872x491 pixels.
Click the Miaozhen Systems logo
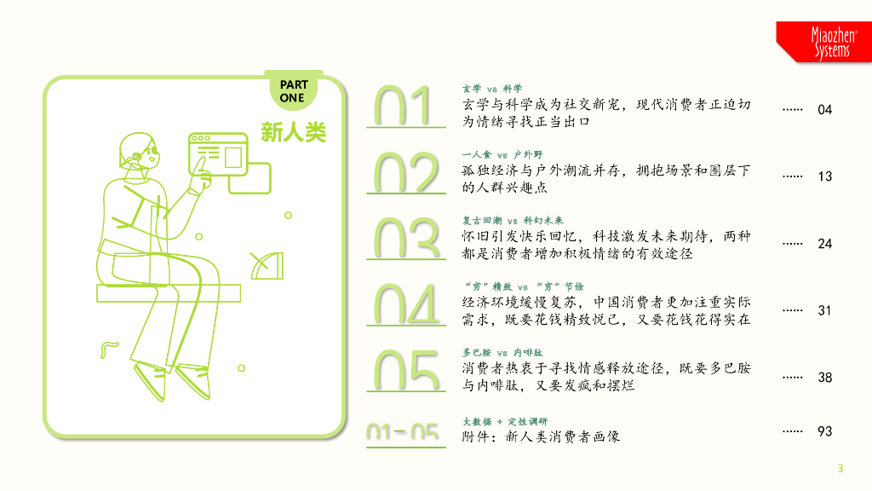(823, 42)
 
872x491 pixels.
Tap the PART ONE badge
(293, 91)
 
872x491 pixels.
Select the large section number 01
(405, 107)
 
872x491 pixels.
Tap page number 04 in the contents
(824, 110)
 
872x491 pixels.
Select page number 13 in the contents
(824, 176)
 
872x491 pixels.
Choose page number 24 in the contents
(824, 244)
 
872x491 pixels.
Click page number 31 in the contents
(824, 310)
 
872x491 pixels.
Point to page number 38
(824, 377)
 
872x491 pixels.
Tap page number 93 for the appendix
(824, 431)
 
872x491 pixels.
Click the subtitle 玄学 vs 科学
(491, 89)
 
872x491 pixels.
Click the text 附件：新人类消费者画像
(541, 436)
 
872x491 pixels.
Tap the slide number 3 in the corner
(840, 468)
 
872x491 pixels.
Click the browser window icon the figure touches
(217, 153)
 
